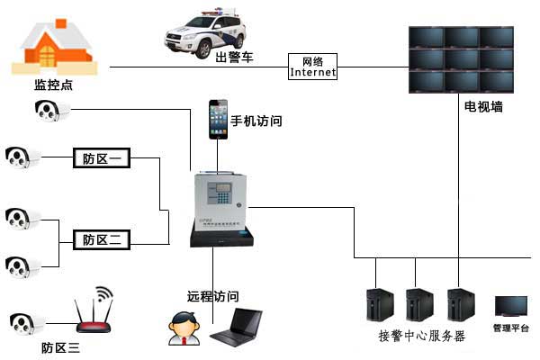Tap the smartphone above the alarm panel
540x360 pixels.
coord(219,118)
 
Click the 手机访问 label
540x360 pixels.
coord(256,121)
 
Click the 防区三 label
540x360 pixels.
coord(60,347)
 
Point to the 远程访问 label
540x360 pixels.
coord(213,295)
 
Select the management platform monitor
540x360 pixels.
coord(510,308)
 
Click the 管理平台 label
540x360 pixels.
coord(510,328)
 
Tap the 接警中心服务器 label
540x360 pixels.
coord(421,336)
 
